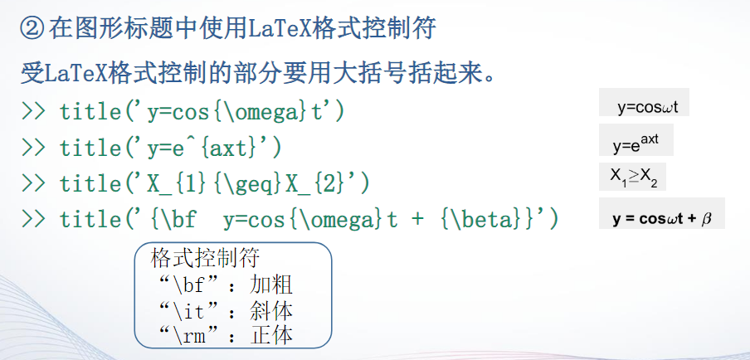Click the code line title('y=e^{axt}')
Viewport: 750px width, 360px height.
pyautogui.click(x=170, y=148)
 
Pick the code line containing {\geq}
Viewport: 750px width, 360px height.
pyautogui.click(x=214, y=183)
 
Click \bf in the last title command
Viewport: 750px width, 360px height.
pyautogui.click(x=176, y=220)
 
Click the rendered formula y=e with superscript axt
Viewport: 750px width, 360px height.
pyautogui.click(x=636, y=144)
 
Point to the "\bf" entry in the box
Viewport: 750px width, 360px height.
pyautogui.click(x=193, y=286)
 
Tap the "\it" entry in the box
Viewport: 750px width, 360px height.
pyautogui.click(x=193, y=311)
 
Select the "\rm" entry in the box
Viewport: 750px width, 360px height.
pyautogui.click(x=193, y=336)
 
